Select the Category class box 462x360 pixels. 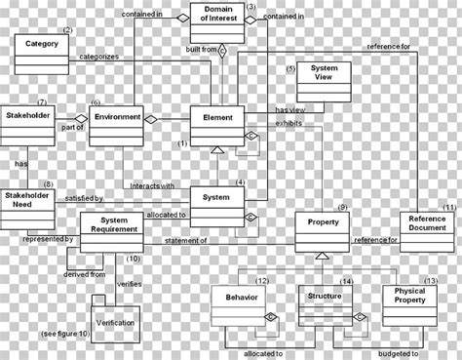point(42,54)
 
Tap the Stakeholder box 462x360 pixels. point(26,125)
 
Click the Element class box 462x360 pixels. point(216,123)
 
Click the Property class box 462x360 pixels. point(323,230)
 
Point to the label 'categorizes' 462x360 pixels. point(98,58)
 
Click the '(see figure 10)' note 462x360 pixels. point(64,335)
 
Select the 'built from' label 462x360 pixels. point(201,48)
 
